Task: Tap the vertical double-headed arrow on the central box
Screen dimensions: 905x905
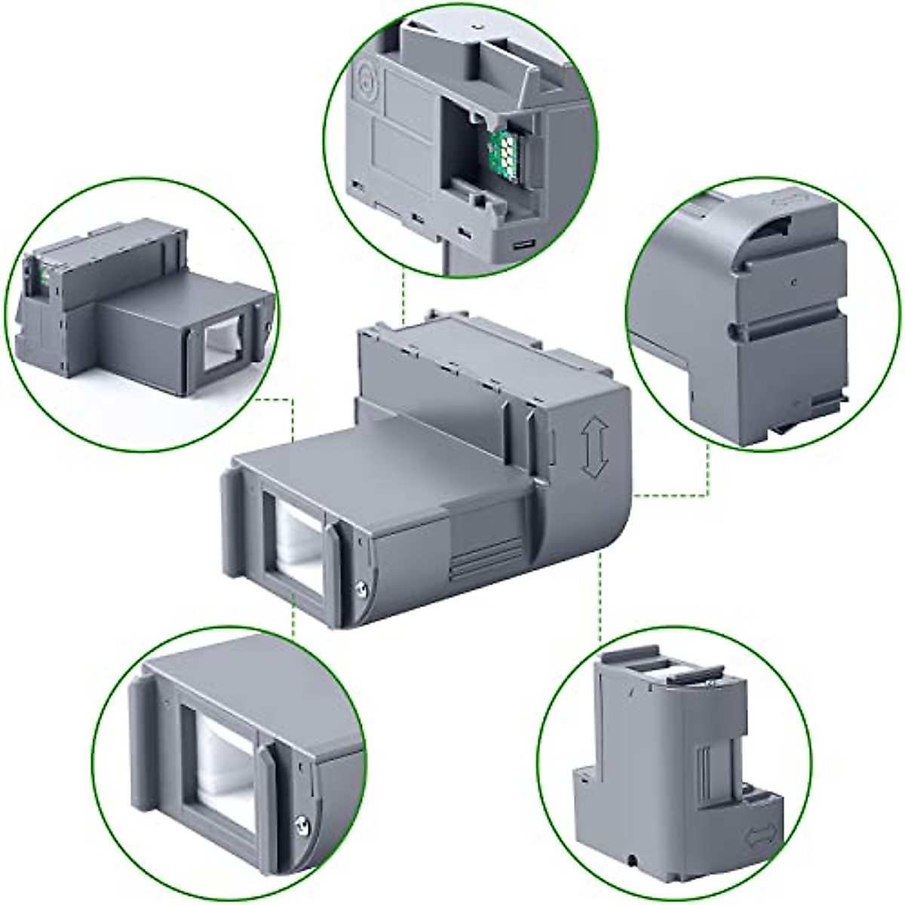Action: click(x=592, y=449)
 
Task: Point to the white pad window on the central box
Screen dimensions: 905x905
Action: click(x=297, y=544)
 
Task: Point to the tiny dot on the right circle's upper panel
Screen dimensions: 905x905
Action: click(x=791, y=281)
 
